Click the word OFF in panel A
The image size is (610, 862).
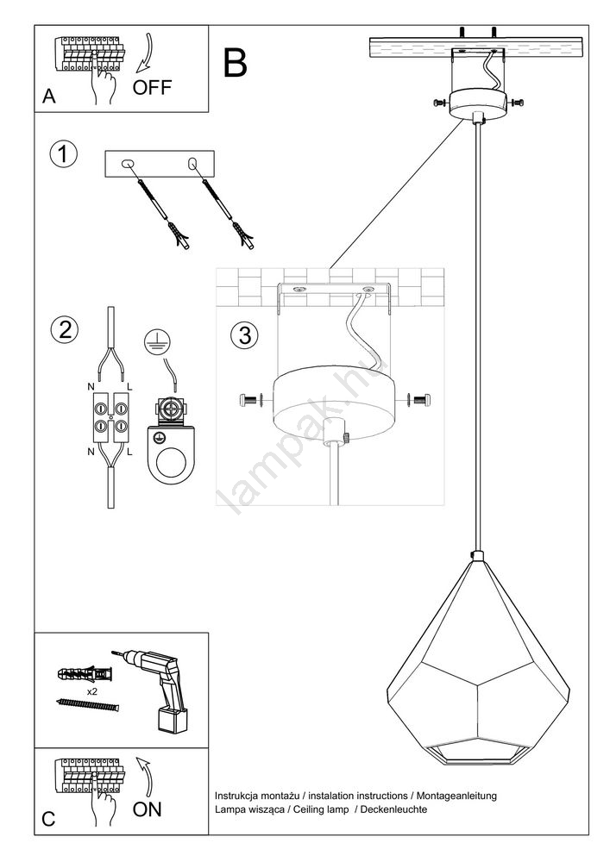152,87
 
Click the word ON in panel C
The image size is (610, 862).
147,809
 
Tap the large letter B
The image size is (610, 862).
235,63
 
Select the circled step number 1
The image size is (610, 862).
64,154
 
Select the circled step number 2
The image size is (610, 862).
65,330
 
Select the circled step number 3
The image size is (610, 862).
245,334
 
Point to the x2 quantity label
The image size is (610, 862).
91,692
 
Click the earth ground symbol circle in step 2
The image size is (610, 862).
157,341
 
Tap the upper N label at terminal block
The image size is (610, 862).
91,388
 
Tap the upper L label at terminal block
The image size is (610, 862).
129,388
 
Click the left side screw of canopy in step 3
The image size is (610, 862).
252,400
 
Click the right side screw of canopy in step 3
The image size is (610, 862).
418,400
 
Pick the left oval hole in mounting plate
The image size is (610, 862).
127,163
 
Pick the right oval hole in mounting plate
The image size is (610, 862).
192,163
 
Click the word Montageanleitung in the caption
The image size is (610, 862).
456,796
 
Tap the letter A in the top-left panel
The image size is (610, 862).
49,97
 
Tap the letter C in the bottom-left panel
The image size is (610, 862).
48,819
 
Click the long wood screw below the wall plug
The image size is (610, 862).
88,704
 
